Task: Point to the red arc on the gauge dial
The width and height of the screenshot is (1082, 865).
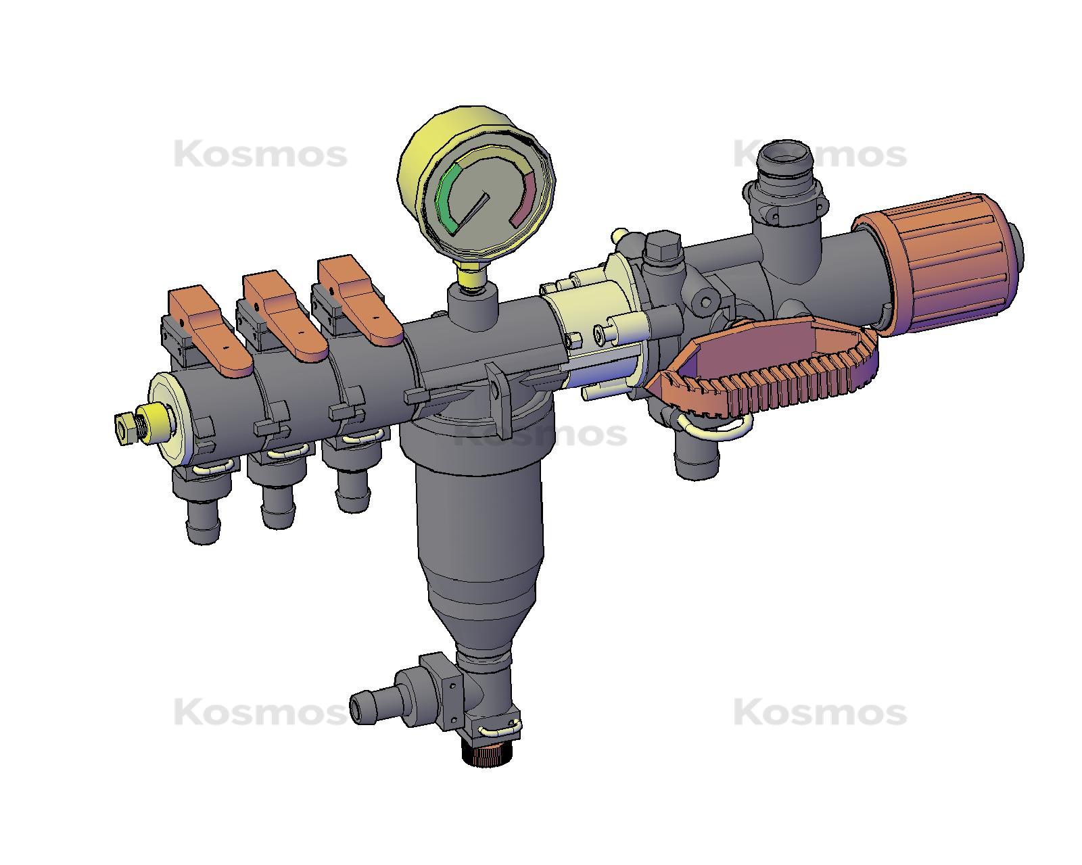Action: pos(527,199)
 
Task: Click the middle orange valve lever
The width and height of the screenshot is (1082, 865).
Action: pos(284,314)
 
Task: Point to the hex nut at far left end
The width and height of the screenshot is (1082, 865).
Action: pos(124,427)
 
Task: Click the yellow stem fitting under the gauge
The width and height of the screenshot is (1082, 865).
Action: pos(472,276)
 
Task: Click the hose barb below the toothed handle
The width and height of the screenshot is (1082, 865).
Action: pos(697,460)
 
